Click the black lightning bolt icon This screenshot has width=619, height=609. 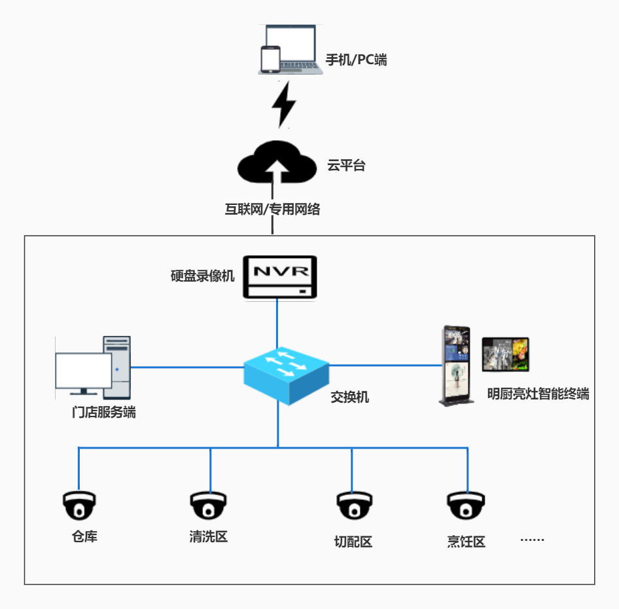click(284, 104)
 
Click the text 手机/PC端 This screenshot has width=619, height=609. click(357, 60)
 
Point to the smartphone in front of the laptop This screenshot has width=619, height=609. click(270, 58)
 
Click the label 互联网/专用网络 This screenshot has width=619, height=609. click(273, 210)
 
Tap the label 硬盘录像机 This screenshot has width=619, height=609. click(202, 275)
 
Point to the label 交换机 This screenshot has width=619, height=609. click(349, 397)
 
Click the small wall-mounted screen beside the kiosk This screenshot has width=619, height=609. click(505, 354)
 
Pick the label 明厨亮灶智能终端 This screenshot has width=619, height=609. click(538, 394)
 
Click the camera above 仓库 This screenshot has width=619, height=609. click(80, 505)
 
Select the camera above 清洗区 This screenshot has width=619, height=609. click(209, 505)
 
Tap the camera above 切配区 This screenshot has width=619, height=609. click(354, 505)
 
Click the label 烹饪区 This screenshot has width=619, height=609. click(467, 542)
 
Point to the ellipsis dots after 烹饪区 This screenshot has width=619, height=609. click(532, 540)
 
